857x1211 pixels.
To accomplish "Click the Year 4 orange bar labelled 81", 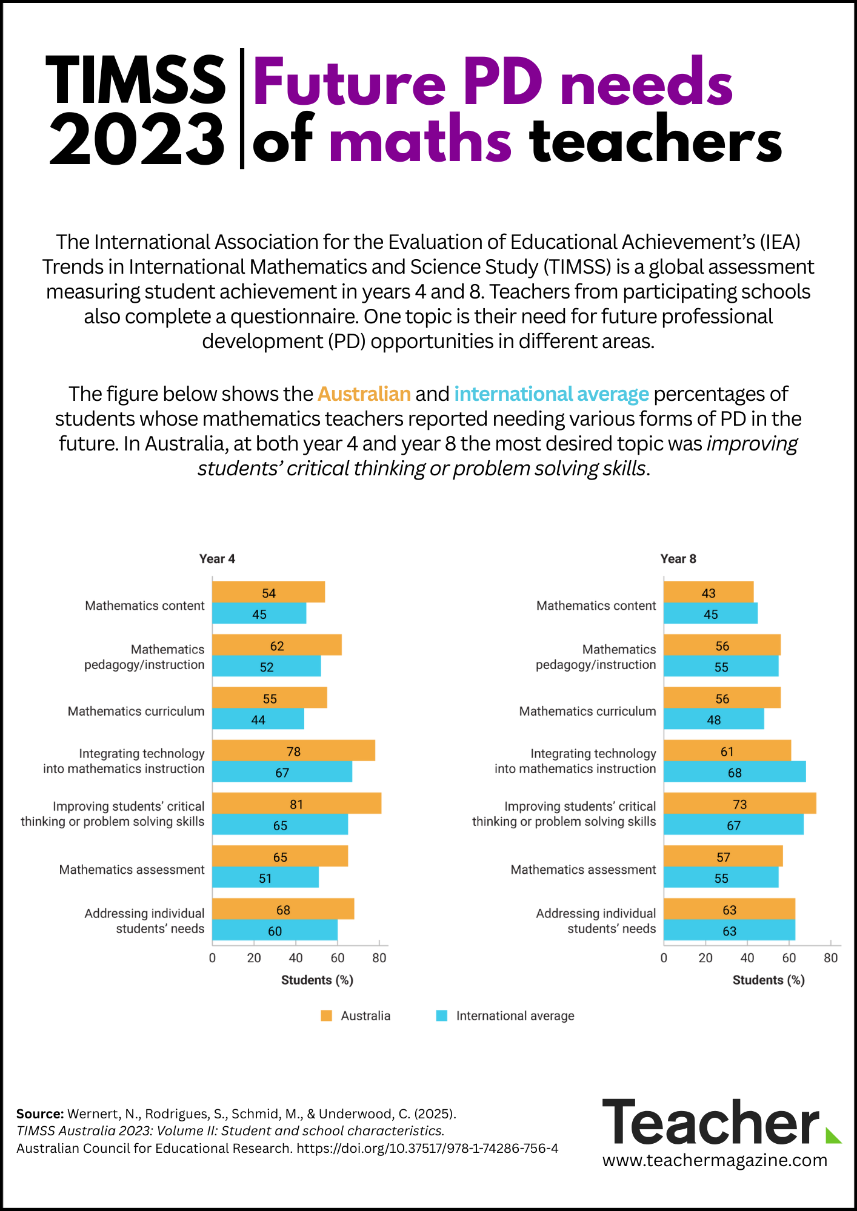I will coord(296,803).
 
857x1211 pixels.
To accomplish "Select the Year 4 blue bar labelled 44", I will coord(258,719).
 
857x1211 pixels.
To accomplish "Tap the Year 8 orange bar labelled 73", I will coord(739,803).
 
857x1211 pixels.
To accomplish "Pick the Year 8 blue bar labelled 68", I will coord(735,772).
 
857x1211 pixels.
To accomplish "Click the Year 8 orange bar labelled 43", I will coord(709,592).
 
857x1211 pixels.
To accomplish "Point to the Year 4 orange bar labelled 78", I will coord(293,751).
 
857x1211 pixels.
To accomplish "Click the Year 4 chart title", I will coord(217,559).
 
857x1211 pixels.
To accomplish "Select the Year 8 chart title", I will coord(678,559).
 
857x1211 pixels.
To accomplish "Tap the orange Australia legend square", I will coord(327,1015).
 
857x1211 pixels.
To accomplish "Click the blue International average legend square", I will coord(442,1015).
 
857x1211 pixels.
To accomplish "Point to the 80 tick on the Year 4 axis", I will coord(379,958).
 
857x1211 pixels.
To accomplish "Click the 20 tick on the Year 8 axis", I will coord(705,958).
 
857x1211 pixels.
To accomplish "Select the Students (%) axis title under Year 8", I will coord(769,980).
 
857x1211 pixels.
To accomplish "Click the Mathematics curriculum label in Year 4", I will coord(136,711).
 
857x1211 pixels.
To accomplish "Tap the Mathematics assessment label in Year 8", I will coord(583,869).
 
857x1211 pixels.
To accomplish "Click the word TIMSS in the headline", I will coord(136,80).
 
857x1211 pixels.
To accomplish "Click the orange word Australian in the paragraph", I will coord(364,394).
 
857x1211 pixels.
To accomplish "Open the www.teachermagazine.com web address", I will coord(715,1160).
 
